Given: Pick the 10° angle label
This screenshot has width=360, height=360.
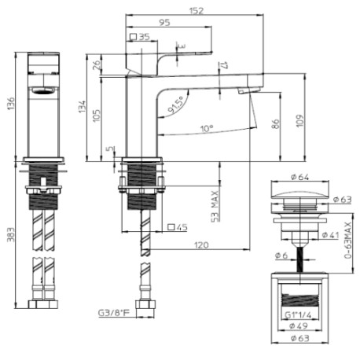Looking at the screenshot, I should click(x=206, y=127).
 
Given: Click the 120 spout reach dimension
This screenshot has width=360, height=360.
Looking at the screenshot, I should click(x=200, y=246).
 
